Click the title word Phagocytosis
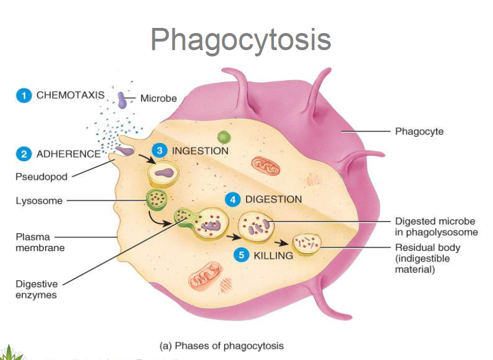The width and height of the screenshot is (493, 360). point(240,39)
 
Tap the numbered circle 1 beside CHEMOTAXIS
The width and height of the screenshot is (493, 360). point(23,96)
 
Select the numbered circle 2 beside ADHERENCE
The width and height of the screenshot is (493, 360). point(23,154)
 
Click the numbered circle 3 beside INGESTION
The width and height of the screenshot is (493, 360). point(160,150)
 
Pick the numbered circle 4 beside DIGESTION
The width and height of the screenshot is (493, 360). point(232,199)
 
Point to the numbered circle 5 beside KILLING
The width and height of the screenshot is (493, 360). point(241,255)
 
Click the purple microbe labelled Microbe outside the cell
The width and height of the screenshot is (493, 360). point(122,100)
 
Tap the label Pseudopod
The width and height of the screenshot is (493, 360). point(41,177)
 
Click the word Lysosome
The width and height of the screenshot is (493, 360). point(39,201)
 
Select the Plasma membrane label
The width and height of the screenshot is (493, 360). point(32,242)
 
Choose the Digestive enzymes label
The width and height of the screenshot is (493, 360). point(36,289)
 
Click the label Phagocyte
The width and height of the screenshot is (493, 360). point(419,132)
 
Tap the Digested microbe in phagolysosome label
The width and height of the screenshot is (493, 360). point(436,227)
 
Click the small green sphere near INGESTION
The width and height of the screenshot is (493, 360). point(224,137)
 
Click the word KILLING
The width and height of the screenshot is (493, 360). point(273,255)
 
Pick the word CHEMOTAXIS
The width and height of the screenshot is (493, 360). point(71,95)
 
